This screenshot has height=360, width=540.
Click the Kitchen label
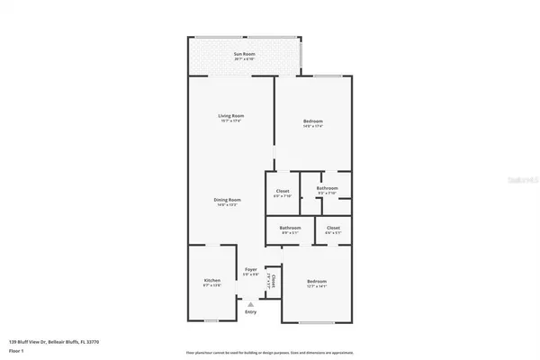[211, 281]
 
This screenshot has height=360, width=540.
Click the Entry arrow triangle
[251, 305]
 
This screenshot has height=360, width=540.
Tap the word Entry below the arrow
[251, 313]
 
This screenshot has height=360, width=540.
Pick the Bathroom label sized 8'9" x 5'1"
[290, 229]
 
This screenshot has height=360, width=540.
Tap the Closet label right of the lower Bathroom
[333, 229]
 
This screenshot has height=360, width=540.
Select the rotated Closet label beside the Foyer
[273, 282]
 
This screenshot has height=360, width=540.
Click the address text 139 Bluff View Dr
[53, 342]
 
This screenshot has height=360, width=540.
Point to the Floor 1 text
[17, 350]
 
